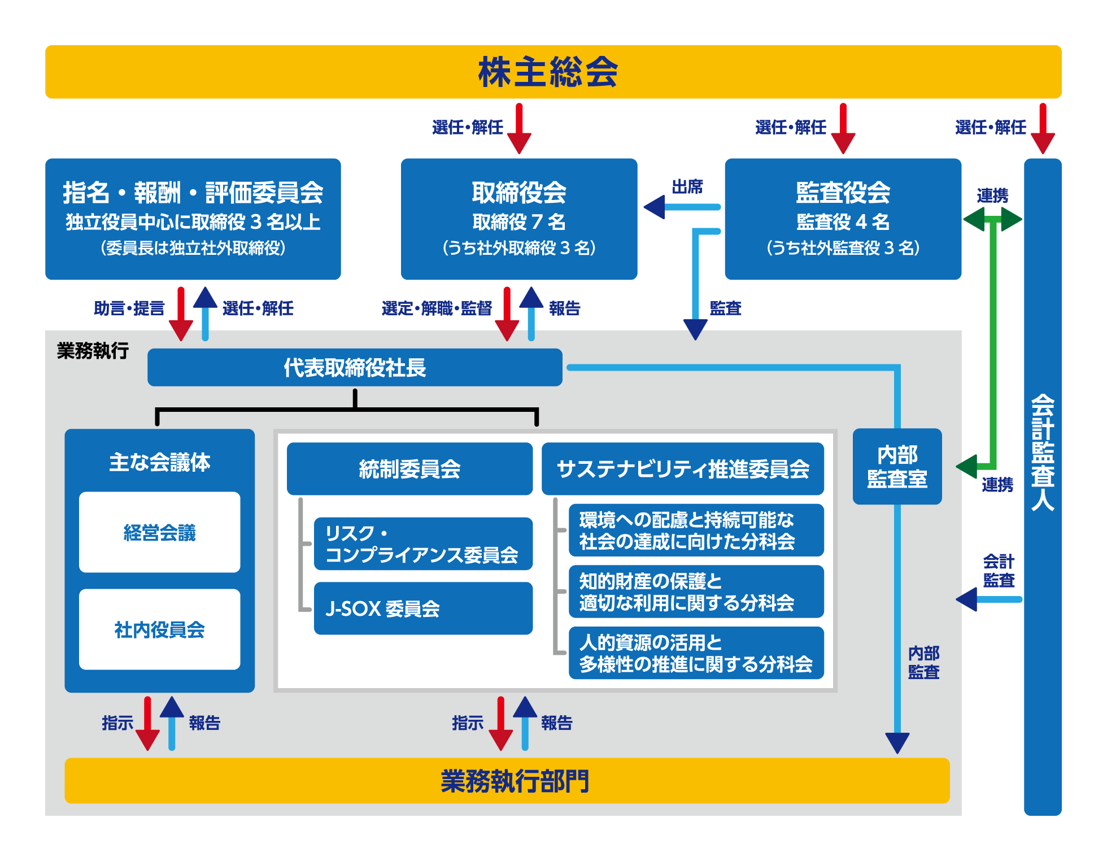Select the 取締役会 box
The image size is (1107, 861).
coord(518,219)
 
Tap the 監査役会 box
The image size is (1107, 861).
coord(842,219)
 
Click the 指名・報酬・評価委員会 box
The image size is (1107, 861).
coord(193,219)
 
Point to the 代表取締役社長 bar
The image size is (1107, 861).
coord(354,367)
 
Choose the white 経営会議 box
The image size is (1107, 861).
coord(159,532)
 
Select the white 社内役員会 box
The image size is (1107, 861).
coord(159,629)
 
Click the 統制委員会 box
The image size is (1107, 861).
coord(409,469)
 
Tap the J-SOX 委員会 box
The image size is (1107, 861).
coord(422,608)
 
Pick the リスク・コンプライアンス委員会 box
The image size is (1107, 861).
coord(422,543)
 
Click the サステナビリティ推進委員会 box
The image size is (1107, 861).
coord(682,469)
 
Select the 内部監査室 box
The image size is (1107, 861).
coord(897,467)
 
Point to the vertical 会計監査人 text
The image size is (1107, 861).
coord(1042,452)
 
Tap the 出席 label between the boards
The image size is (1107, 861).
coord(687,187)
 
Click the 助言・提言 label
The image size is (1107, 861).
coord(129,308)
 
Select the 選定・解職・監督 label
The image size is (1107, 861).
coord(437,308)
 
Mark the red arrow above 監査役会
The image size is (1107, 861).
coord(843,129)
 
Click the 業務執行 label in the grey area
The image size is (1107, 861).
coord(93,351)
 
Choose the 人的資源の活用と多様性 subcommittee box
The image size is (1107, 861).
coord(696,653)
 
